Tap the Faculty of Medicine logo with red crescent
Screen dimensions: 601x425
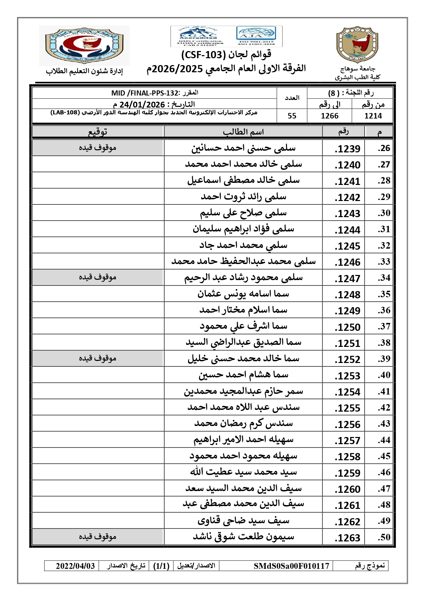pyautogui.click(x=84, y=46)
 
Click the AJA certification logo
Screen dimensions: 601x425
pyautogui.click(x=256, y=35)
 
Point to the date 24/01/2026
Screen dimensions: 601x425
pyautogui.click(x=142, y=104)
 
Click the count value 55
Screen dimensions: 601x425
pyautogui.click(x=292, y=116)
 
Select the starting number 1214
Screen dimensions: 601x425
pyautogui.click(x=373, y=116)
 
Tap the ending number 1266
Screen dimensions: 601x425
pyautogui.click(x=329, y=116)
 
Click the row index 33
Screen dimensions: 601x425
pyautogui.click(x=384, y=262)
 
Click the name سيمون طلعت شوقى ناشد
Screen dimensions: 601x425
pyautogui.click(x=243, y=537)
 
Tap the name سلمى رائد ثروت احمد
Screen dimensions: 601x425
pyautogui.click(x=243, y=197)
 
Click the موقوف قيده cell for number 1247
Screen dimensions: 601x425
pyautogui.click(x=98, y=277)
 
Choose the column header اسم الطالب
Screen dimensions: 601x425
pyautogui.click(x=243, y=132)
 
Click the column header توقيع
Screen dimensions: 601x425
pyautogui.click(x=98, y=132)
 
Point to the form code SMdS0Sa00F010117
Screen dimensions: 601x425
pyautogui.click(x=291, y=566)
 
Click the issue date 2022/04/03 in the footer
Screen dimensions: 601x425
pyautogui.click(x=75, y=566)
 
